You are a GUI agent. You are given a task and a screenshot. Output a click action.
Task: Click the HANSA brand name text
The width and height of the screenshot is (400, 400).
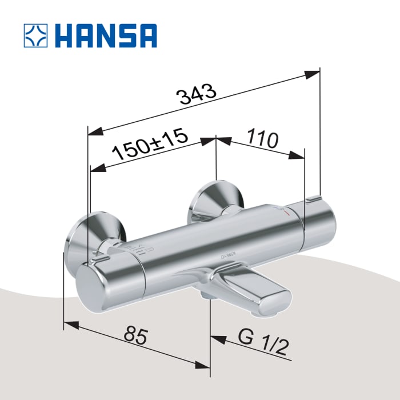[x=107, y=35]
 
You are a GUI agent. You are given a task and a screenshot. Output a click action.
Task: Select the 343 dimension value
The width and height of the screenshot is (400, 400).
[x=196, y=94]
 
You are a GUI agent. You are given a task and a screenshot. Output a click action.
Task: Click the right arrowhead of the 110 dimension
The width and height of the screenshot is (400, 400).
[x=298, y=156]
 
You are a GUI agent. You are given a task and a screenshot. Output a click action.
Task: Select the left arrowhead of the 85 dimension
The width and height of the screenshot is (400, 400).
[x=70, y=326]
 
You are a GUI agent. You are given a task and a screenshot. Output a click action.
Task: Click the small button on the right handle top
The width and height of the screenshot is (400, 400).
[x=313, y=199]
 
